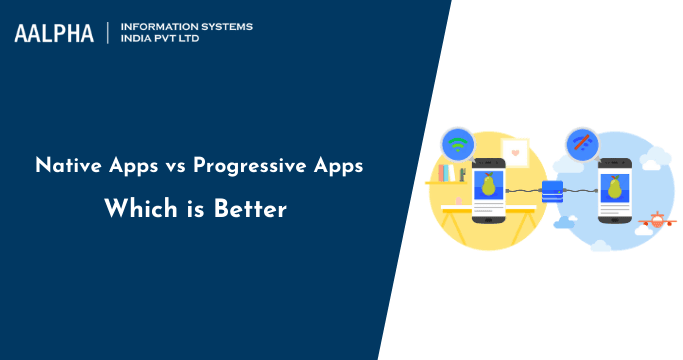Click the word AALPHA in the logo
coord(54,33)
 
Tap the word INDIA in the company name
coord(136,41)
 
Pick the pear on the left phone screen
coord(489,186)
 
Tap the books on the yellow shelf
coord(446,174)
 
